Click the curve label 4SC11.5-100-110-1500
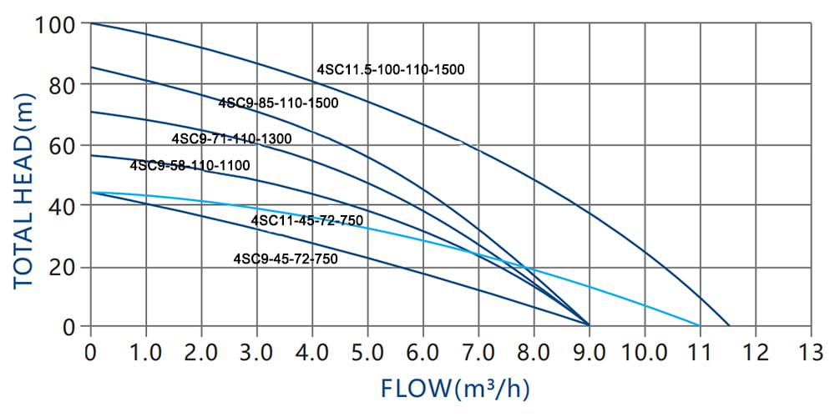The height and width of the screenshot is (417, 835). pos(390,70)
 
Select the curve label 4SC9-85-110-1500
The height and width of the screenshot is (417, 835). pos(278,103)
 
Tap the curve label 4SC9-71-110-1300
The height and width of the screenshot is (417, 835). pos(231,138)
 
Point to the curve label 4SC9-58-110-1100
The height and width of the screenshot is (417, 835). pos(190,166)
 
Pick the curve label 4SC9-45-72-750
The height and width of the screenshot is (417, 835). pos(286,259)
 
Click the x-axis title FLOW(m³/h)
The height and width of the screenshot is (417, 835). pos(455,388)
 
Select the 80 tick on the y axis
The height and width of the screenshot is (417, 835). pos(62,84)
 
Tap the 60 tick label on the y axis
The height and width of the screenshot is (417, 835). pos(62,145)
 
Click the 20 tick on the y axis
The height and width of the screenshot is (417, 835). pos(62,266)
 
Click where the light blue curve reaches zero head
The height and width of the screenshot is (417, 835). pos(699,325)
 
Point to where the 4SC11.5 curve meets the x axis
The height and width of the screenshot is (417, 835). pos(728,325)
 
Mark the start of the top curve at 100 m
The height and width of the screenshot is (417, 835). pos(91,23)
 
